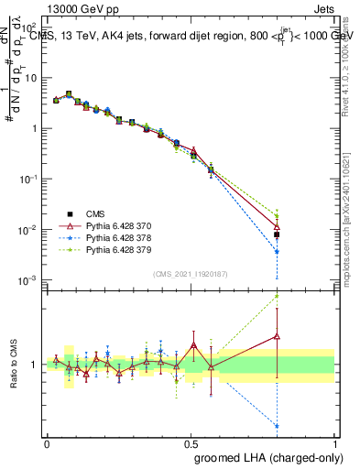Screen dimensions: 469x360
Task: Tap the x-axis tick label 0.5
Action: (191, 443)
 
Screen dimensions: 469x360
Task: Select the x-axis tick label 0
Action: (47, 443)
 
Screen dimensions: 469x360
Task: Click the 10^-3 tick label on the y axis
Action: (28, 279)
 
